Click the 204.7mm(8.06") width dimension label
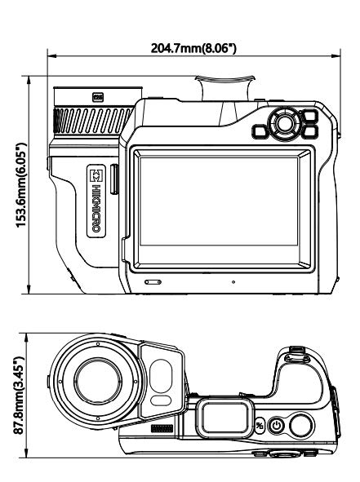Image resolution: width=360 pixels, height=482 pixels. point(193,48)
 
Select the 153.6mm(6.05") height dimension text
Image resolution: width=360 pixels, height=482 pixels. point(21,185)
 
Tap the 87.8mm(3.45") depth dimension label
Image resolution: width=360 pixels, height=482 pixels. point(19,396)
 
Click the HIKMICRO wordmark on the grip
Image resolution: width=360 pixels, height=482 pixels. point(96,208)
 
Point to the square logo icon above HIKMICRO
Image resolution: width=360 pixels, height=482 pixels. point(96,175)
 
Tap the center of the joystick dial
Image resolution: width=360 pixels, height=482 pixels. point(284,124)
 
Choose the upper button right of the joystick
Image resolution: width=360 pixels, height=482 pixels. point(309,116)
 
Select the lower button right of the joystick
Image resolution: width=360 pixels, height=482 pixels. point(309,131)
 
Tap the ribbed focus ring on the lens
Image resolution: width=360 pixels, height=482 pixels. point(94,120)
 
